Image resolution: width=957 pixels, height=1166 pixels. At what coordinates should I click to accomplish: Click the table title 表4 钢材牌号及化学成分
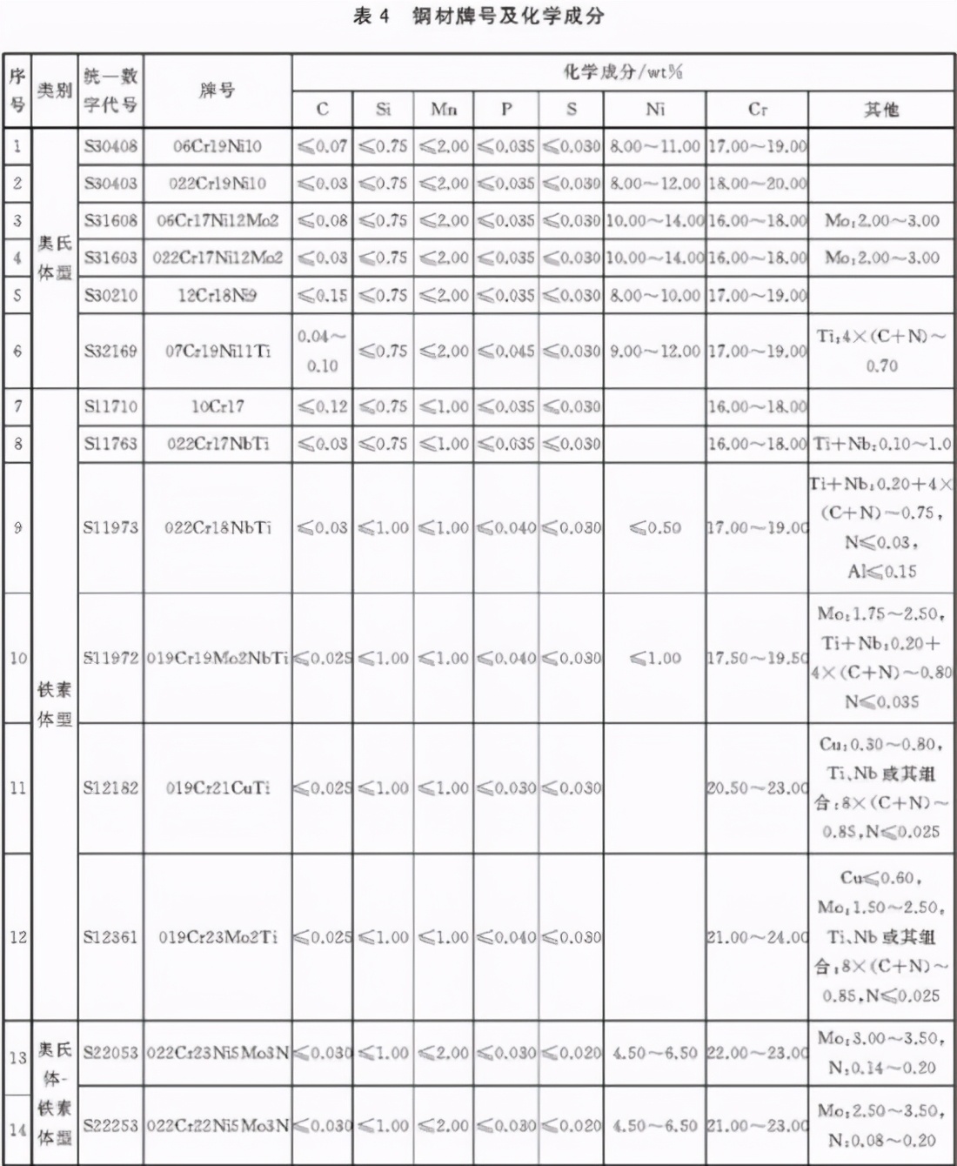coord(478,17)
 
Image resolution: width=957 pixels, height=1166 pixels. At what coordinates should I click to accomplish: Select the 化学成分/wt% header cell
coord(622,71)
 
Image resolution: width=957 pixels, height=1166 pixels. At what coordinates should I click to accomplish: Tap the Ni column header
coord(655,109)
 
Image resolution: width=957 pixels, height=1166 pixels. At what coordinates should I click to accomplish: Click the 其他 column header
coord(880,109)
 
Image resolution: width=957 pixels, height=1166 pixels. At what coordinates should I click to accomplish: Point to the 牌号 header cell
coord(217,90)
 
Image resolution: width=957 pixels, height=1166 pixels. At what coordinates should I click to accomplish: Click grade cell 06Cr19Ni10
coord(217,145)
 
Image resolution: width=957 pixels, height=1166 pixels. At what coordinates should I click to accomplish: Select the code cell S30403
coord(110,183)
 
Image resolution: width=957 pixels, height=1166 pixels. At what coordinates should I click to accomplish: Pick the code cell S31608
coord(110,220)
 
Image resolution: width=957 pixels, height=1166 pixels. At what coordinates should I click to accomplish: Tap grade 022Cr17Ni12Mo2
coord(217,258)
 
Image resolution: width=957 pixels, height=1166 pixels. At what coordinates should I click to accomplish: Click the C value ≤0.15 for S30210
coord(322,295)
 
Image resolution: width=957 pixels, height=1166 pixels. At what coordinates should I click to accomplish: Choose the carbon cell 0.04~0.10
coord(322,351)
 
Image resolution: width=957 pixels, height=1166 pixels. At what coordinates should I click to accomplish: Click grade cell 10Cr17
coord(217,406)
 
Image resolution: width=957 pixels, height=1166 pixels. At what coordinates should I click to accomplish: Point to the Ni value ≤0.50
coord(655,527)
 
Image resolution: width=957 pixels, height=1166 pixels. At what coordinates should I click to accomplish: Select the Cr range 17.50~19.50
coord(757,658)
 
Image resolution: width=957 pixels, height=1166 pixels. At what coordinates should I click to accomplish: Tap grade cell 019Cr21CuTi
coord(217,787)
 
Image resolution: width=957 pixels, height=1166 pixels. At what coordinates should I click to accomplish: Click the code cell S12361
coord(110,937)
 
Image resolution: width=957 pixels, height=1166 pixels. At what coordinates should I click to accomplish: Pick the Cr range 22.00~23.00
coord(757,1053)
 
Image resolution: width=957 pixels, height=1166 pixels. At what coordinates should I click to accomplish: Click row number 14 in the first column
coord(17,1129)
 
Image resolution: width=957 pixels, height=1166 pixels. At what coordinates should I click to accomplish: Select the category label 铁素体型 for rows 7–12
coord(54,704)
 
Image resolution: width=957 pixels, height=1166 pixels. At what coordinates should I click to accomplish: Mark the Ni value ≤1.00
coord(655,658)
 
